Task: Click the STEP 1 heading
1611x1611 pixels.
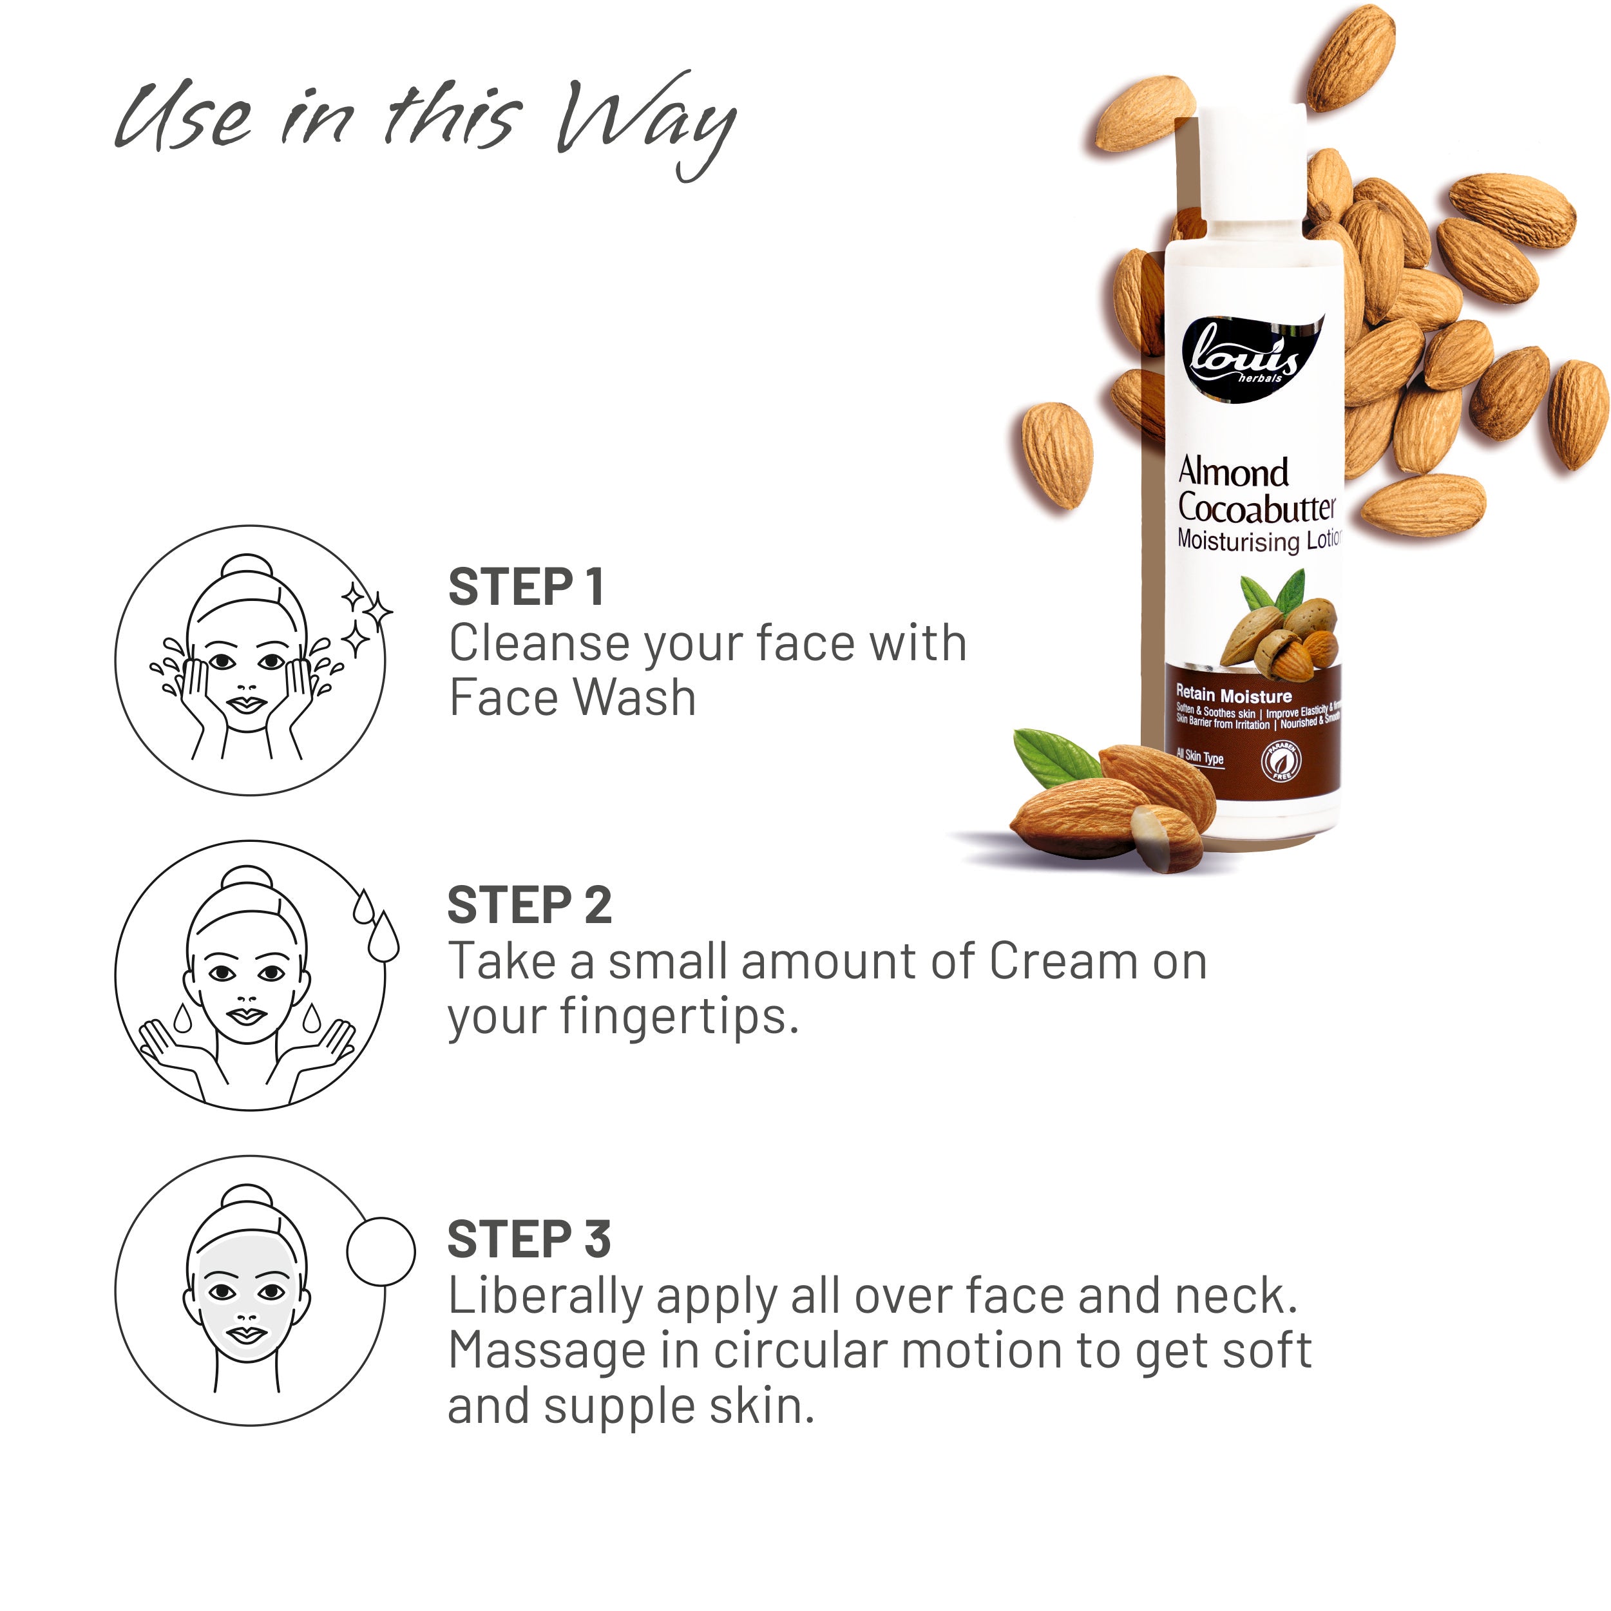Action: tap(526, 587)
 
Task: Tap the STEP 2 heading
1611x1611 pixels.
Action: tap(529, 906)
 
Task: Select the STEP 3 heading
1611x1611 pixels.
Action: tap(529, 1239)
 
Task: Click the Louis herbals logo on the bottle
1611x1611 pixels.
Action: tap(1246, 359)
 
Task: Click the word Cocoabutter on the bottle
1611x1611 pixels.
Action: tap(1256, 507)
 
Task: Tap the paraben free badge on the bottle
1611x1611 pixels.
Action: tap(1282, 759)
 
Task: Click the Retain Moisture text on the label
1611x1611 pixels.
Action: tap(1234, 694)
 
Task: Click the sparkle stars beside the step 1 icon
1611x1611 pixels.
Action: tap(367, 617)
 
